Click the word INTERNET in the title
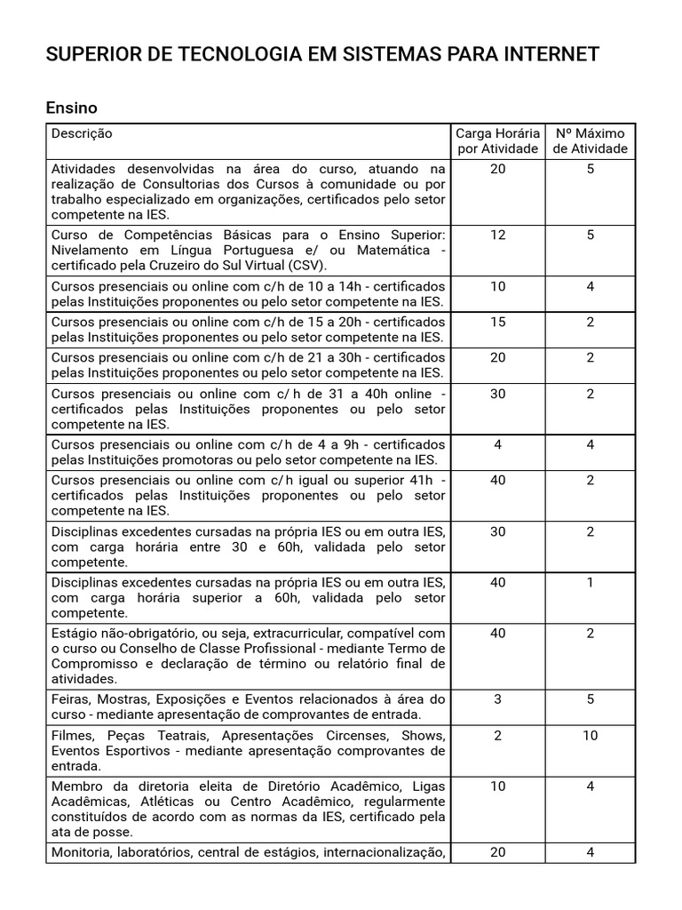551,55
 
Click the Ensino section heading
71,108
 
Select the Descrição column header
82,133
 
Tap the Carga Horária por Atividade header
497,140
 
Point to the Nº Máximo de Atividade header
590,140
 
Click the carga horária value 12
497,235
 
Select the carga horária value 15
497,323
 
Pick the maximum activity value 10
590,736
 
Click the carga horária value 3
497,699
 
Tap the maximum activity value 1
590,583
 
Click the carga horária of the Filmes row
497,736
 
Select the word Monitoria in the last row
80,853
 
